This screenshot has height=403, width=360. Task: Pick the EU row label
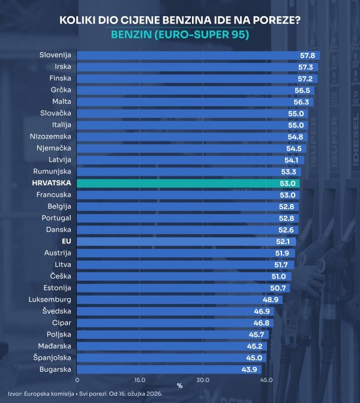pos(67,241)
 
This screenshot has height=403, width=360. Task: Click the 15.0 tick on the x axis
pos(140,380)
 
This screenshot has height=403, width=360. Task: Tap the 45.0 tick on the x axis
pos(266,380)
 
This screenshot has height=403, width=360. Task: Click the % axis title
pos(179,386)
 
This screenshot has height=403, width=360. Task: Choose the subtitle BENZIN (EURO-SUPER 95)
pos(180,35)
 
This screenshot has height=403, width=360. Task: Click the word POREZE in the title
pos(268,20)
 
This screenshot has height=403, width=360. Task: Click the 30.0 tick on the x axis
pos(203,380)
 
